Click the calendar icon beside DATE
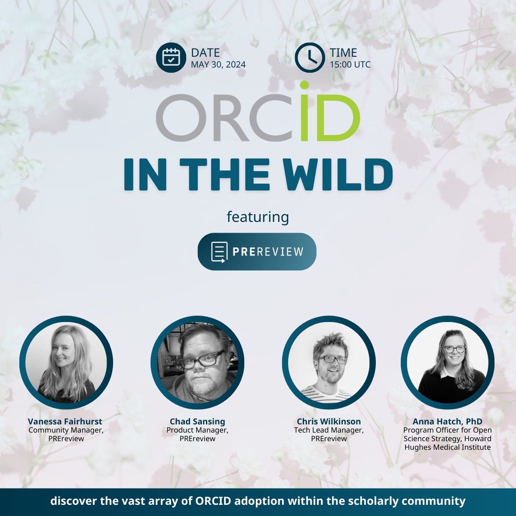[x=171, y=58]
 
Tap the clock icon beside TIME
[x=309, y=58]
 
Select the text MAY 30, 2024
[x=218, y=65]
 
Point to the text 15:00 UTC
[x=350, y=65]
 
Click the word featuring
[x=258, y=217]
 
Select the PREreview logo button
[x=257, y=252]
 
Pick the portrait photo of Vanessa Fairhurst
[x=66, y=362]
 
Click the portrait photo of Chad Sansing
[x=197, y=362]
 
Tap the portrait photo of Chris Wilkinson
[x=329, y=362]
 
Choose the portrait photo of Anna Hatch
[x=448, y=362]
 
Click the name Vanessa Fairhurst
[x=65, y=421]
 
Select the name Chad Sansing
[x=197, y=421]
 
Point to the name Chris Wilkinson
[x=329, y=421]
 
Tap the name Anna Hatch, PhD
[x=448, y=421]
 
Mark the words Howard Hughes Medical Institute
[x=448, y=443]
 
